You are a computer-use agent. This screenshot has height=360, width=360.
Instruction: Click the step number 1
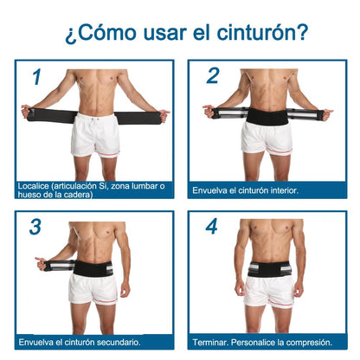35,77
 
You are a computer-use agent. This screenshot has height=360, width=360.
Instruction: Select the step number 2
212,76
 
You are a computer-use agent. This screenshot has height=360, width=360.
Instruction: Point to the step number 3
35,227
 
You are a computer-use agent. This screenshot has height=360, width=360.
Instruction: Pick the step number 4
212,227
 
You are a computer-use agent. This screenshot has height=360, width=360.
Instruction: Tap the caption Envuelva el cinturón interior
245,189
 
